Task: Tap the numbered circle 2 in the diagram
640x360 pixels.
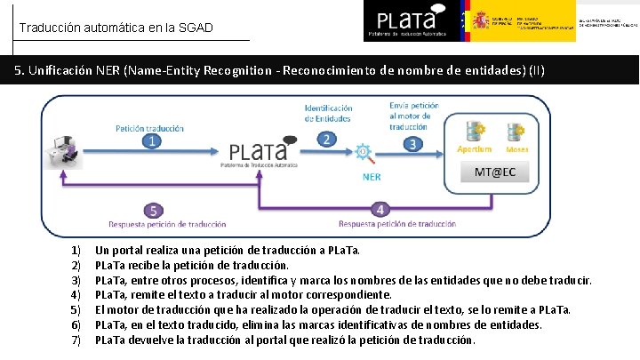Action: point(327,140)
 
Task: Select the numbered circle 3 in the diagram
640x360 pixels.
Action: point(412,143)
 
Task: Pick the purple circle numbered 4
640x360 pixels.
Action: point(380,209)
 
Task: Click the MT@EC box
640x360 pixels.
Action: point(494,172)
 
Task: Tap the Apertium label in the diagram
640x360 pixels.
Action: point(474,150)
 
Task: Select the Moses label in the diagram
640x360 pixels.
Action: point(517,150)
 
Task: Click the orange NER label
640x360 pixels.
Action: point(372,175)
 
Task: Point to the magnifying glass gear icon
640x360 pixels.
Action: point(365,153)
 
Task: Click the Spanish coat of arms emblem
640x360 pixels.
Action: point(481,20)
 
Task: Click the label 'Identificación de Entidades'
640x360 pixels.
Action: point(328,113)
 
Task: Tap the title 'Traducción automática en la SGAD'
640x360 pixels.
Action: point(116,28)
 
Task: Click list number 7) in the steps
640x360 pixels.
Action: point(76,340)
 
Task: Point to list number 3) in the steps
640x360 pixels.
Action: point(76,280)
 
